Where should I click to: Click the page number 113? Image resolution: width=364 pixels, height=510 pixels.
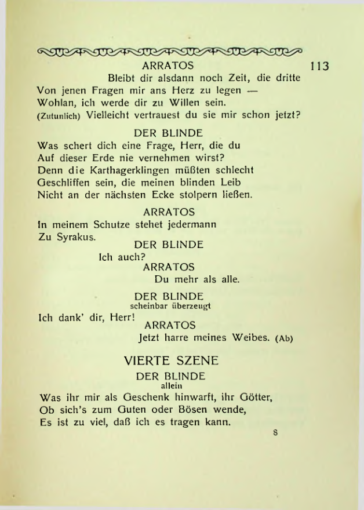tap(319, 65)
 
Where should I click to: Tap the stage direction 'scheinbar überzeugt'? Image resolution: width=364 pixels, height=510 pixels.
tap(170, 307)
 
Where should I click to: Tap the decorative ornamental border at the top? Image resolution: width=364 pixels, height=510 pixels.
tap(170, 50)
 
